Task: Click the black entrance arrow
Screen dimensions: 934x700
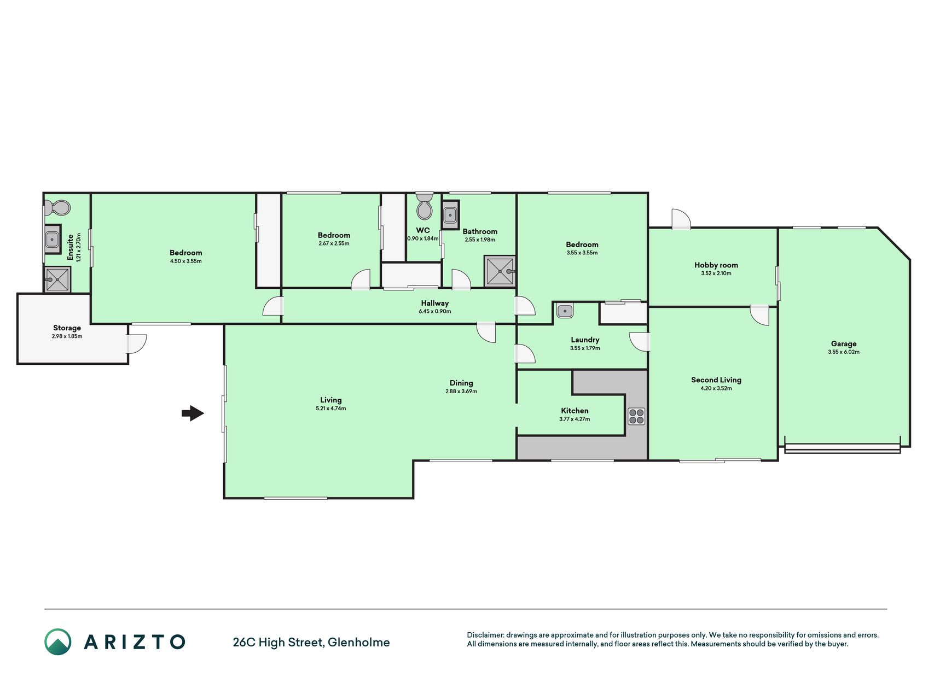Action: coord(193,413)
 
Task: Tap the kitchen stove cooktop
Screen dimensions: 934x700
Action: coord(636,416)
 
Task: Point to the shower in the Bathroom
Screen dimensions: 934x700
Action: coord(500,271)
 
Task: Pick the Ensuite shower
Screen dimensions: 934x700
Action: coord(57,279)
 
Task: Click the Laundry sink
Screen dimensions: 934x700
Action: coord(565,311)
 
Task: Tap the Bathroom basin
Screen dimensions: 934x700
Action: coord(450,214)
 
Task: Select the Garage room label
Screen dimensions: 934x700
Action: coord(844,344)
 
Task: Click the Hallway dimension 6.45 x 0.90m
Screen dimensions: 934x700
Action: coord(435,312)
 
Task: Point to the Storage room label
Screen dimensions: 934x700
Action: coord(67,328)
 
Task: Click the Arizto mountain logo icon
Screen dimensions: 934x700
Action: coord(58,642)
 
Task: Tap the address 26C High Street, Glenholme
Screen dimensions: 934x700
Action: coord(311,643)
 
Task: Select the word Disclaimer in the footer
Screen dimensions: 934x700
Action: coord(485,635)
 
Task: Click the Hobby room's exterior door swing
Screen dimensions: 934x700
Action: coord(681,219)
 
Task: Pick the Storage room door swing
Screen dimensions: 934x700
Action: coord(137,343)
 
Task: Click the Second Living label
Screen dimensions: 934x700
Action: coord(716,380)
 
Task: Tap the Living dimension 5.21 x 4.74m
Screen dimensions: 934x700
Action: coord(331,409)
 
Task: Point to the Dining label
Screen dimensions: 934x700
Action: coord(461,383)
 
